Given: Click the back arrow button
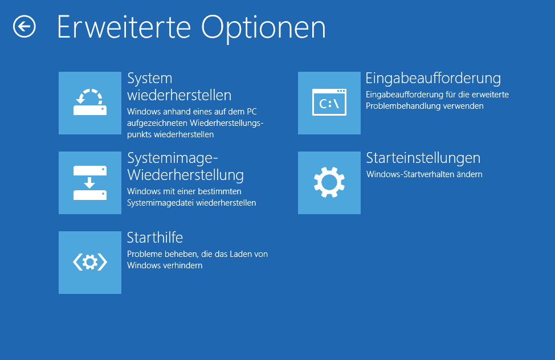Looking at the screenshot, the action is point(25,27).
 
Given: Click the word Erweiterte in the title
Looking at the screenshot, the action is point(124,27).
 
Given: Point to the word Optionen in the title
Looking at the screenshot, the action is point(263,29).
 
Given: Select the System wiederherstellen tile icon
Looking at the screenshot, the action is point(90,103).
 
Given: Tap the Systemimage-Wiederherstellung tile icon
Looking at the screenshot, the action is point(90,183).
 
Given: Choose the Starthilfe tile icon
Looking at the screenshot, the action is point(90,262).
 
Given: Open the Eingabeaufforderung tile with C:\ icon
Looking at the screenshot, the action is point(329,103).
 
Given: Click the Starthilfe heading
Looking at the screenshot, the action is point(154,238).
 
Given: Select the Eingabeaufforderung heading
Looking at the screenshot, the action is point(433,79).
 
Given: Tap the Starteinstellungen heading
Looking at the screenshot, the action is point(423,158).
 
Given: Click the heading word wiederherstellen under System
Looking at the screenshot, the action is point(179,95).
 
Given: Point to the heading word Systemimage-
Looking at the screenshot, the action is point(173,158).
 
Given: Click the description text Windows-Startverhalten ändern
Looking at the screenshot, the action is point(424,174).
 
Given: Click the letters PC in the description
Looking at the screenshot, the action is point(252,112).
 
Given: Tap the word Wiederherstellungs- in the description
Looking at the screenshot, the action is point(227,123).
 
